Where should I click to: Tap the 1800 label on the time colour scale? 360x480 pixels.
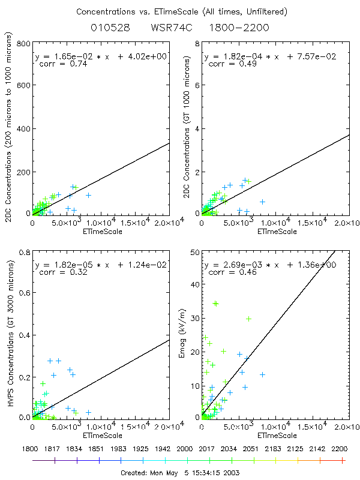(33, 448)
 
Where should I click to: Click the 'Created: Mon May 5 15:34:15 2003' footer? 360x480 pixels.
(181, 473)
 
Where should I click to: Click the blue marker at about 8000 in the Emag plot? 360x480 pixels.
(262, 374)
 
